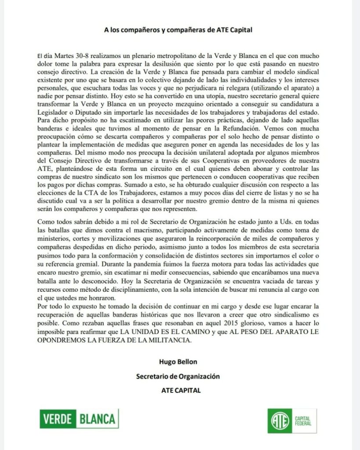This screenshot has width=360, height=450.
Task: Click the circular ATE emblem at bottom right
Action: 280,421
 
